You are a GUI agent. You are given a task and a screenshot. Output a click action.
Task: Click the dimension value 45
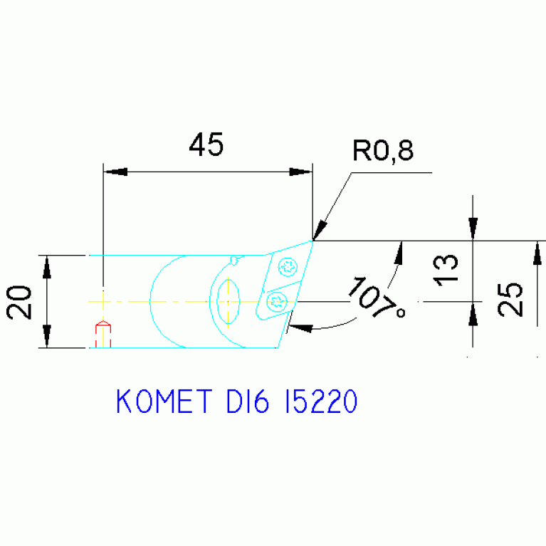pyautogui.click(x=206, y=145)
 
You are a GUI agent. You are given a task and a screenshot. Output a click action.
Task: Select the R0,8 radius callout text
pyautogui.click(x=382, y=151)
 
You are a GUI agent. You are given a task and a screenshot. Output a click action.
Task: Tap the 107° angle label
pyautogui.click(x=376, y=297)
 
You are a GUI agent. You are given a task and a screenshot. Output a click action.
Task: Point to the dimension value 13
pyautogui.click(x=447, y=271)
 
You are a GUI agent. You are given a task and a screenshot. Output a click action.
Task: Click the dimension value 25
pyautogui.click(x=510, y=299)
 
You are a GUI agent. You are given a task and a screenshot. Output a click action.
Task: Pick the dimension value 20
pyautogui.click(x=19, y=301)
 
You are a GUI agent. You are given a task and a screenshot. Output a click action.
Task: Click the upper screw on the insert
pyautogui.click(x=288, y=268)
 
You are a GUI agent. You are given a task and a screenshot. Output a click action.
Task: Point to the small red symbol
pyautogui.click(x=103, y=332)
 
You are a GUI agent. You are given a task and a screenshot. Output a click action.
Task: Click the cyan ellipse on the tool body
pyautogui.click(x=229, y=301)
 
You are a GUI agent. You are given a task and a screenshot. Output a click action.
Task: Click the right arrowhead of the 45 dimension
pyautogui.click(x=300, y=172)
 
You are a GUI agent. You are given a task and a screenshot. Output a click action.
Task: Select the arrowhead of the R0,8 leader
pyautogui.click(x=320, y=231)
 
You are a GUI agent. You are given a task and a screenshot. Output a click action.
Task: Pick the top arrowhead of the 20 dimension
pyautogui.click(x=47, y=266)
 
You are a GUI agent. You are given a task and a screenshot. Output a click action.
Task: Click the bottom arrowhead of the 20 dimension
pyautogui.click(x=47, y=337)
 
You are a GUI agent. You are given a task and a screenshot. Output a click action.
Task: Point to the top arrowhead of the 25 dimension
pyautogui.click(x=536, y=251)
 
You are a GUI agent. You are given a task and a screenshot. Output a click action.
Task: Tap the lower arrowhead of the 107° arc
pyautogui.click(x=301, y=327)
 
